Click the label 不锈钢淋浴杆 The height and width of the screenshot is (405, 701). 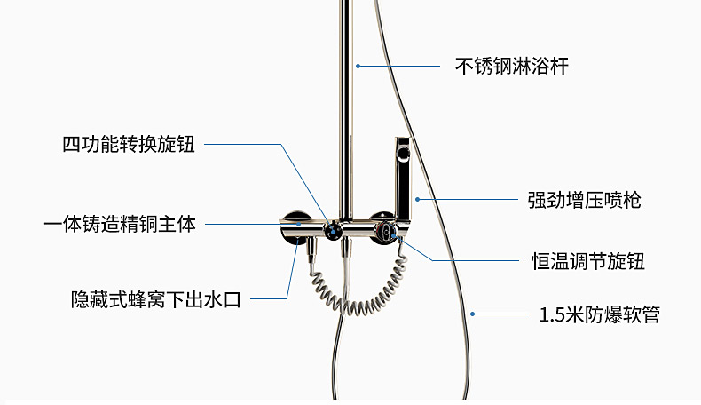point(511,66)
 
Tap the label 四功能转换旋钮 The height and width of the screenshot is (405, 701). point(128,145)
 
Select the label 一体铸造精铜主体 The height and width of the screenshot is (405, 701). point(119,224)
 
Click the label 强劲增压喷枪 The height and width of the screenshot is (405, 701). point(584,200)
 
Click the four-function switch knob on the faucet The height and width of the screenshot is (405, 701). point(331,231)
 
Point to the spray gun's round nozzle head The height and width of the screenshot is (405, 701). point(403,152)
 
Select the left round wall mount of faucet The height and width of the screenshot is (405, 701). point(293,226)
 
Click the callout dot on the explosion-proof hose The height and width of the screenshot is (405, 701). point(475,313)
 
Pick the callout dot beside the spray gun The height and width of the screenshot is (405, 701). point(417,200)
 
